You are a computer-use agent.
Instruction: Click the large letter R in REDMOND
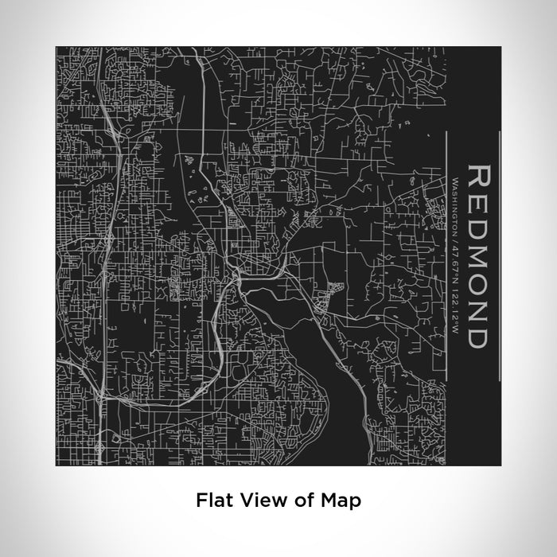(479, 178)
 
